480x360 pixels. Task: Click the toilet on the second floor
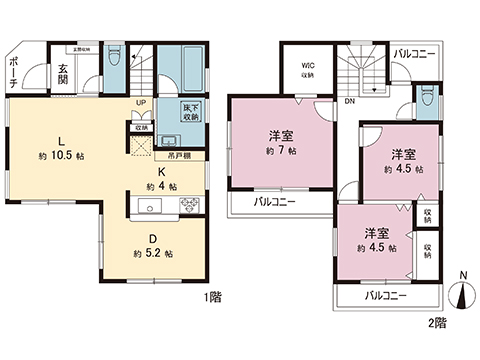(x=427, y=96)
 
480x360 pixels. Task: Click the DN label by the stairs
(x=349, y=101)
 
